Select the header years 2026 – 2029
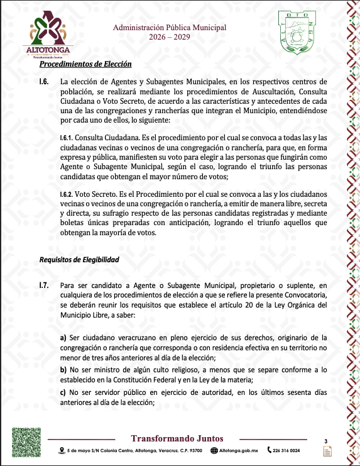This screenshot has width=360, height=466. tap(169, 38)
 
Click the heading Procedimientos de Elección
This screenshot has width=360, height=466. tap(85, 64)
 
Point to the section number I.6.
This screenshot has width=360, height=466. tap(44, 82)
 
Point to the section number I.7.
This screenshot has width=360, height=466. tap(44, 286)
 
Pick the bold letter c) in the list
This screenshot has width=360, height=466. tap(63, 393)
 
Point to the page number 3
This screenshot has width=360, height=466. tap(326, 441)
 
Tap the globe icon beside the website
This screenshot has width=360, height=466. tap(214, 450)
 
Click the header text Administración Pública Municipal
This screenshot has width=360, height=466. tap(169, 28)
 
